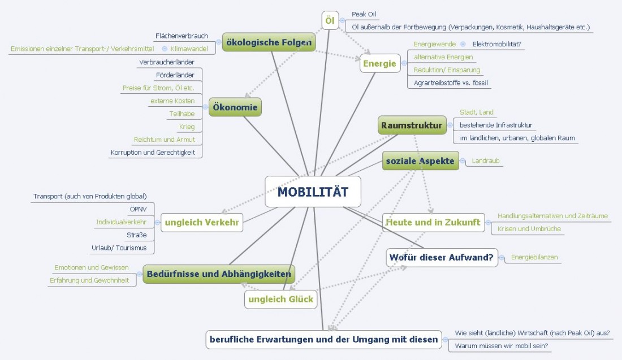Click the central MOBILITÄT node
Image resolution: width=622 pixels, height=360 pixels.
click(x=313, y=192)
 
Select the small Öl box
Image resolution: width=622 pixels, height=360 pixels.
click(x=330, y=21)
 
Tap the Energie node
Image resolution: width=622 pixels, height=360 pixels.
click(x=379, y=64)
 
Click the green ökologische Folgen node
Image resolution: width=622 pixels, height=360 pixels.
click(x=268, y=42)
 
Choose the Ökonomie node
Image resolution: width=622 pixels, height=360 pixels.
click(x=235, y=107)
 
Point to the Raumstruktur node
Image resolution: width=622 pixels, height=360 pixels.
click(x=412, y=125)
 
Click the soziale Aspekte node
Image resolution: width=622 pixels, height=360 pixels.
click(x=420, y=161)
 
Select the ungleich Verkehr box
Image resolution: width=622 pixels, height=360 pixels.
click(x=202, y=223)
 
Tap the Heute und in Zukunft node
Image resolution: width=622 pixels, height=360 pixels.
click(x=433, y=222)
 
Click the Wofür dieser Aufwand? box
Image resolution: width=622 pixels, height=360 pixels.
click(x=442, y=258)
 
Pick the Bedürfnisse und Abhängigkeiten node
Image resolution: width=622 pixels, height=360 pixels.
click(x=219, y=274)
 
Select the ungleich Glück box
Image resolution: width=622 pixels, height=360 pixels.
click(x=280, y=300)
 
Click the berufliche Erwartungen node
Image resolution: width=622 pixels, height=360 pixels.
click(x=323, y=340)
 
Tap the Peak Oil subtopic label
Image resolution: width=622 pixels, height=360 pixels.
click(x=364, y=14)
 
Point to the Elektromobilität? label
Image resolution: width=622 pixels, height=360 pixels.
click(x=496, y=44)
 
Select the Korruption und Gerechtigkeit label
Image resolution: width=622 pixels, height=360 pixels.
click(x=156, y=152)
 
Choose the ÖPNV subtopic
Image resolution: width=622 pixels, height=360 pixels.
click(x=139, y=209)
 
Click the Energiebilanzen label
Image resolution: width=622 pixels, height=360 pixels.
click(x=534, y=258)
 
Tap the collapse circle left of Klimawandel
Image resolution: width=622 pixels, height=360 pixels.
click(x=165, y=49)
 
